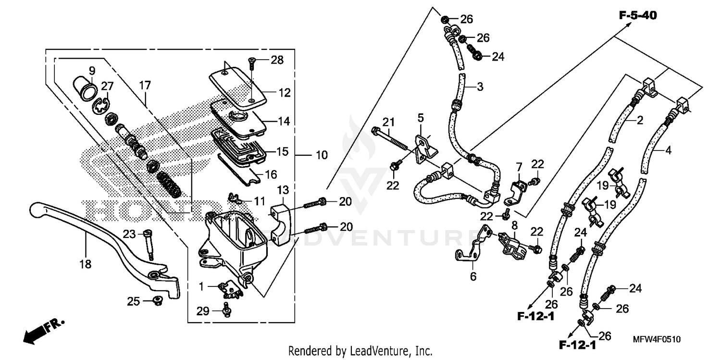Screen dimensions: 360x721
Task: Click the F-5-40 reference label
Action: click(x=637, y=16)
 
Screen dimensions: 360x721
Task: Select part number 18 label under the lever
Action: click(x=87, y=264)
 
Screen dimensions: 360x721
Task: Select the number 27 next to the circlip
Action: click(x=107, y=86)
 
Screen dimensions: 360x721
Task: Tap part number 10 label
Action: click(x=321, y=155)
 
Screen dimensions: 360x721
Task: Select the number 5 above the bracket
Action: click(x=421, y=117)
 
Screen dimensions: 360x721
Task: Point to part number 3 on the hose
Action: click(x=466, y=87)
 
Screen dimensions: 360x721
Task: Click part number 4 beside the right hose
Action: click(x=668, y=149)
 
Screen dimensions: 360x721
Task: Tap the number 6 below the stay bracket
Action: click(x=473, y=276)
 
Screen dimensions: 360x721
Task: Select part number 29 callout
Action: click(x=203, y=311)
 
